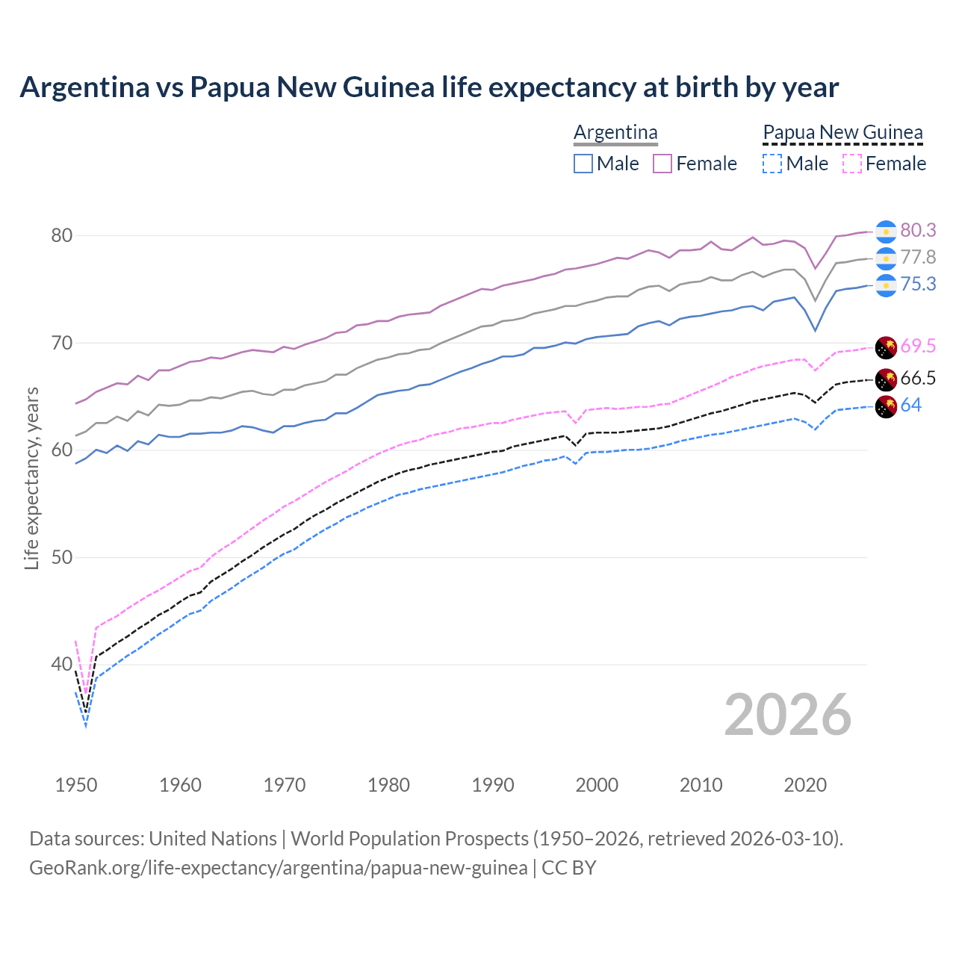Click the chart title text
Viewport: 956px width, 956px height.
[429, 87]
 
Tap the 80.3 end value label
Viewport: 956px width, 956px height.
[918, 230]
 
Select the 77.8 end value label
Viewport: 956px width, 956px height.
[918, 257]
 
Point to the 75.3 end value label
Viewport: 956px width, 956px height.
[918, 284]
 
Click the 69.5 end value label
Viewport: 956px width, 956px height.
[918, 346]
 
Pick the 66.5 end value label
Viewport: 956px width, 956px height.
[918, 378]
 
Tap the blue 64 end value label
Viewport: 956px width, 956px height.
[910, 405]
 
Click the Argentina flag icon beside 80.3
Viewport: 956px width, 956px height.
[886, 232]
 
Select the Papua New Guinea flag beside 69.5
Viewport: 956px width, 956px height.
[886, 347]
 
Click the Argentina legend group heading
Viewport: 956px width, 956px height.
[615, 133]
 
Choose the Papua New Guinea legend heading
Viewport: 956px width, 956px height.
[842, 133]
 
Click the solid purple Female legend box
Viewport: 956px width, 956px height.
[662, 164]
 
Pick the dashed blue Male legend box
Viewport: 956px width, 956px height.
[772, 164]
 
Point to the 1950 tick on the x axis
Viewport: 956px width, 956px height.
[76, 785]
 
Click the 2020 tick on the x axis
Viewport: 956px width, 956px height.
[805, 785]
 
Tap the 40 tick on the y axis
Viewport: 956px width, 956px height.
[62, 664]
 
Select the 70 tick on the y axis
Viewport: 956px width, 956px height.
[62, 343]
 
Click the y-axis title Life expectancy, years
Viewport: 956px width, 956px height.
[31, 478]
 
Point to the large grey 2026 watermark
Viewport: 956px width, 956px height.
[787, 715]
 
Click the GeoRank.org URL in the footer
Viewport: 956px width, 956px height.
[278, 868]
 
